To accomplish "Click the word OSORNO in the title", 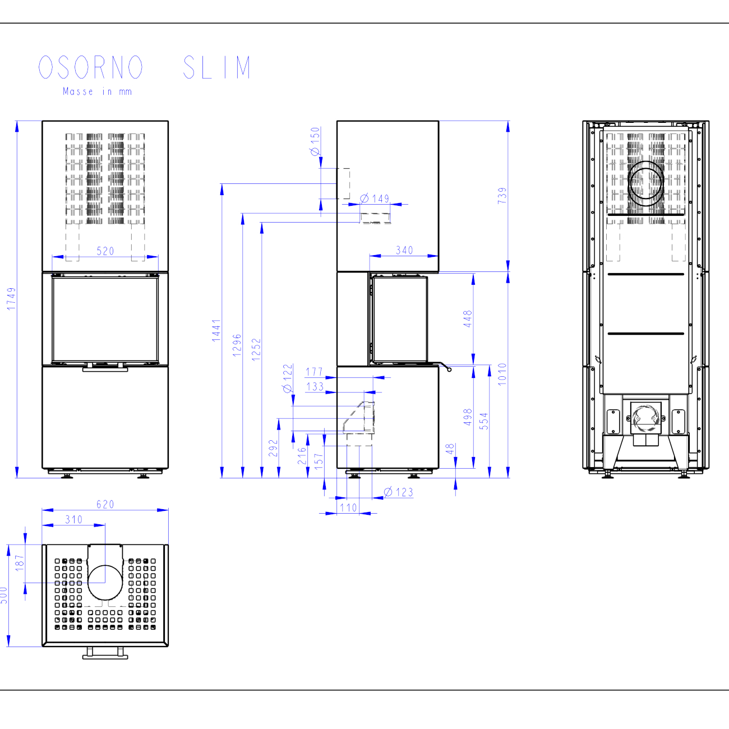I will [91, 67].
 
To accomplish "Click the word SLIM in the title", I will [216, 67].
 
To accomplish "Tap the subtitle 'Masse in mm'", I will [97, 91].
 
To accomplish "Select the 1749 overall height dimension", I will [11, 299].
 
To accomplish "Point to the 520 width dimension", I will [105, 251].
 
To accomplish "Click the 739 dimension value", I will [502, 195].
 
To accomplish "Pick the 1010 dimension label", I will [502, 374].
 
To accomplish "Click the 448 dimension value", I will [468, 319].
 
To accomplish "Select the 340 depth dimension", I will [404, 250].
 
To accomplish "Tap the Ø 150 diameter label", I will [315, 141].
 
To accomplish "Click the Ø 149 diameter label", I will [375, 199].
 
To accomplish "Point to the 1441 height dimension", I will [216, 330].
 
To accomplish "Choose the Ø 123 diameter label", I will [399, 492].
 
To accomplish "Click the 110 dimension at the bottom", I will [348, 507].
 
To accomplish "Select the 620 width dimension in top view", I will [105, 504].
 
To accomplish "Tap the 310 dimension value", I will [74, 519].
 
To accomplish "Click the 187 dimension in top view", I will [20, 563].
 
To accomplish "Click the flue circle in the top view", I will [105, 582].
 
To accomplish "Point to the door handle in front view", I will [105, 369].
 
